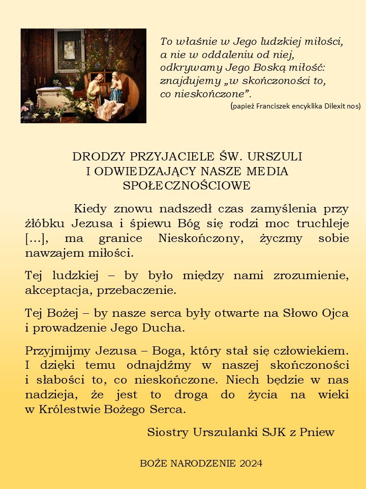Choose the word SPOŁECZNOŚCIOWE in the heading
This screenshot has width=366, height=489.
pyautogui.click(x=187, y=185)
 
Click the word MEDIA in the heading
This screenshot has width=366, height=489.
pyautogui.click(x=268, y=171)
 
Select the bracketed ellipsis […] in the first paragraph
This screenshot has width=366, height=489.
pyautogui.click(x=36, y=238)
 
